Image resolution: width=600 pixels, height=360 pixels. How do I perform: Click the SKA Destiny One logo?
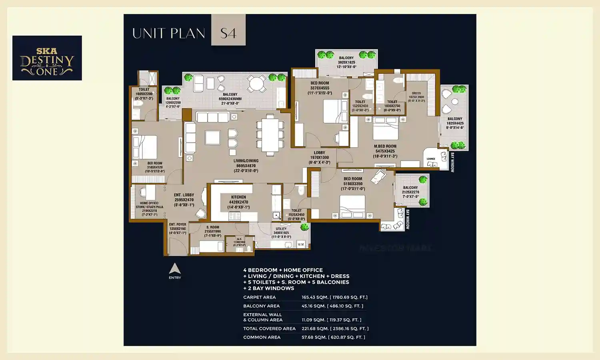[47, 58]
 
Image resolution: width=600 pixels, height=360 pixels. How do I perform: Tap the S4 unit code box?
[228, 30]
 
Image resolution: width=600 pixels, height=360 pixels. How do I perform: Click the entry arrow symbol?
[175, 269]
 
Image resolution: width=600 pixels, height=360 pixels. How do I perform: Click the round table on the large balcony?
[256, 84]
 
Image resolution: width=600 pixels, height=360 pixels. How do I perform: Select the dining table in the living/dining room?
[270, 134]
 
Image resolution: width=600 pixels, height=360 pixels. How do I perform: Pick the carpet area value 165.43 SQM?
[334, 297]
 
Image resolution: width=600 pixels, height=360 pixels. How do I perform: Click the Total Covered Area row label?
[269, 329]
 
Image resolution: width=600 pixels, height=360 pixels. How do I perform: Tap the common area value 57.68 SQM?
[333, 337]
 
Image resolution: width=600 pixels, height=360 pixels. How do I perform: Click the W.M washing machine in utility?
[300, 244]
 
